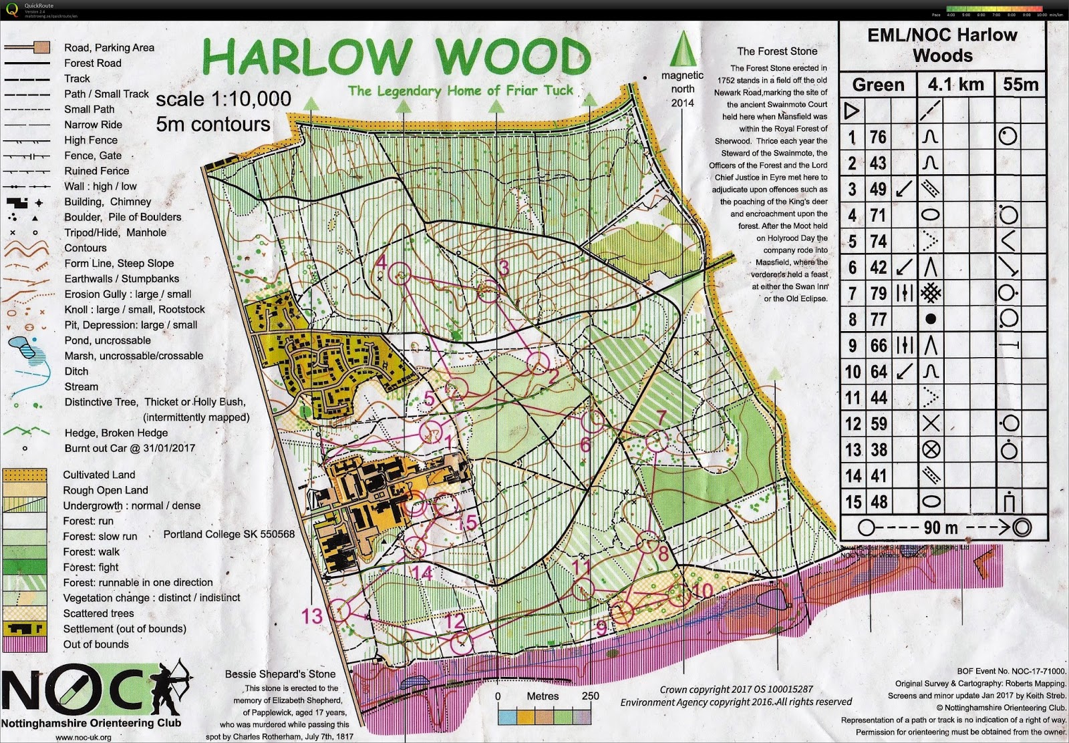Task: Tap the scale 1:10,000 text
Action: pos(223,99)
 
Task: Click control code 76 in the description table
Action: pos(877,137)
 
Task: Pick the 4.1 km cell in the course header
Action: pos(955,85)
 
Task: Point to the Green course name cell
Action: pos(878,85)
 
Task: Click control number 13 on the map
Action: pos(312,615)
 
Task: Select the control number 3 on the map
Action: pos(504,268)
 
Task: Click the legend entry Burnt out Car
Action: pos(130,448)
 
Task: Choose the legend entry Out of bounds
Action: pos(96,644)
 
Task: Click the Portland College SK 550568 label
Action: pos(228,534)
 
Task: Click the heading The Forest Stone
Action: pos(776,51)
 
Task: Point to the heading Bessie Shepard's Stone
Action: pos(280,674)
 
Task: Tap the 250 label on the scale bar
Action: pos(590,696)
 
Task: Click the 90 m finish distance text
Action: pos(940,527)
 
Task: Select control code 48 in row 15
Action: pos(878,502)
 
